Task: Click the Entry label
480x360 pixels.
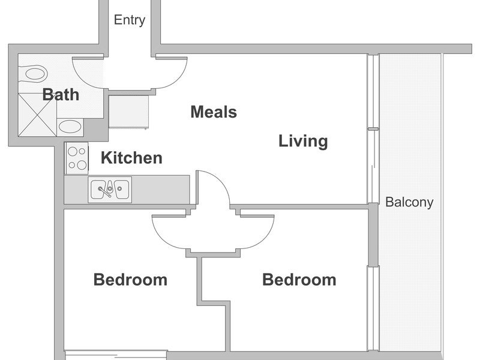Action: pyautogui.click(x=130, y=20)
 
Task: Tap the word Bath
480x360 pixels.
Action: pyautogui.click(x=61, y=94)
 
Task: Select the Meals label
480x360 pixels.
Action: pyautogui.click(x=214, y=112)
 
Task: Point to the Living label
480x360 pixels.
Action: pyautogui.click(x=303, y=141)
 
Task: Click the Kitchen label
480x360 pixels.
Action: pyautogui.click(x=131, y=158)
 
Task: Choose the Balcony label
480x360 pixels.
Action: pyautogui.click(x=409, y=202)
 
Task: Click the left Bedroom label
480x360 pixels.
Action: pyautogui.click(x=130, y=280)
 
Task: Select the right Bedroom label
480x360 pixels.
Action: pyautogui.click(x=299, y=280)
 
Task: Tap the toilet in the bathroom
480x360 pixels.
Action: pyautogui.click(x=33, y=74)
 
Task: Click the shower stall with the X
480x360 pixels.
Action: pyautogui.click(x=37, y=115)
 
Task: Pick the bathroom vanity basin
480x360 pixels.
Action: pyautogui.click(x=70, y=127)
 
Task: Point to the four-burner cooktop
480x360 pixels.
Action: pyautogui.click(x=77, y=158)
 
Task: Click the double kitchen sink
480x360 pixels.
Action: pyautogui.click(x=110, y=190)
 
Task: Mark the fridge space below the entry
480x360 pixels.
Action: pyautogui.click(x=129, y=112)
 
